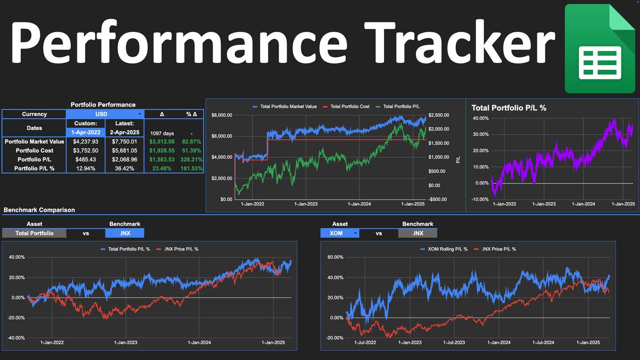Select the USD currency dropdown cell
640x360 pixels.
105,114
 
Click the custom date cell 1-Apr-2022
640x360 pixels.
85,132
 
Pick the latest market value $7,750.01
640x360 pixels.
124,142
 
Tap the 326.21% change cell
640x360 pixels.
191,159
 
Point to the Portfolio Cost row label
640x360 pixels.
34,151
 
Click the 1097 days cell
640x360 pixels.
162,133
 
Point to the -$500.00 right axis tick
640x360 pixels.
438,199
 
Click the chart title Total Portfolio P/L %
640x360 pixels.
508,108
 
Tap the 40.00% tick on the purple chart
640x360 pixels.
481,118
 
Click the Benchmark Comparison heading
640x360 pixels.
39,210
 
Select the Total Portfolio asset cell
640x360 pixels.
34,233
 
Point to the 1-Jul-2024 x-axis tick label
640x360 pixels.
543,342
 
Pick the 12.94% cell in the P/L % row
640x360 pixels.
85,168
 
